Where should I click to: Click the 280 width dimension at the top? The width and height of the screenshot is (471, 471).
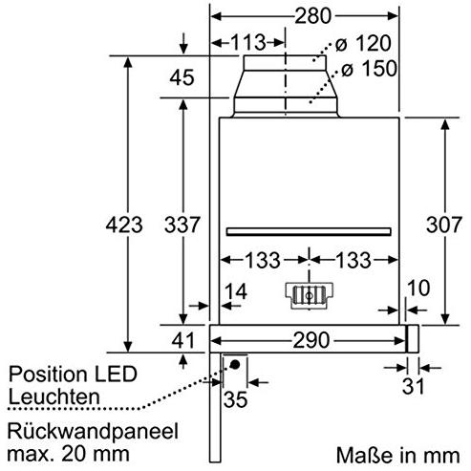point(312,16)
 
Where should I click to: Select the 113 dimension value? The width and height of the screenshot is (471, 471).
point(248,42)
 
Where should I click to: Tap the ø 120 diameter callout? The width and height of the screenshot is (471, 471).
point(363,43)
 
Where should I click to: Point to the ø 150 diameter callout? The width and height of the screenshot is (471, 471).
point(370,69)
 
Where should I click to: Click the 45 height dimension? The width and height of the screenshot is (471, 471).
point(182,77)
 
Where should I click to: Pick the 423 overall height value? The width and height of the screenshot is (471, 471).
point(124,225)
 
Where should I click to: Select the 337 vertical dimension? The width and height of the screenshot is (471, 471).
point(182,225)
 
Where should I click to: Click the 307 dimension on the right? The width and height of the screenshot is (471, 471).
point(444,225)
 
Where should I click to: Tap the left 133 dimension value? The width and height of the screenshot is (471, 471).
point(263,260)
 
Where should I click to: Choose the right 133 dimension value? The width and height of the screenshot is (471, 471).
point(353,260)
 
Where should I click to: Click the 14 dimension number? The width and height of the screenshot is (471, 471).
point(236,291)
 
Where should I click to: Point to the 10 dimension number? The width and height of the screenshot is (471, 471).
point(418,288)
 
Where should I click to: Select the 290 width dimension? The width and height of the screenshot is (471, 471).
point(311,340)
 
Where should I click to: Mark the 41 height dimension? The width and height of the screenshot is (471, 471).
point(182,340)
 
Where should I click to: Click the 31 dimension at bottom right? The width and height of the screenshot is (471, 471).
point(414,386)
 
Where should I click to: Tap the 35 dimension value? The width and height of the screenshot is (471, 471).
point(236,399)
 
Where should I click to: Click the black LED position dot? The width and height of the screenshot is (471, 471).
point(235,364)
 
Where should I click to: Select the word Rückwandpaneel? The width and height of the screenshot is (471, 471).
point(93,431)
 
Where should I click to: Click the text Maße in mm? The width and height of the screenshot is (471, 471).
point(398,455)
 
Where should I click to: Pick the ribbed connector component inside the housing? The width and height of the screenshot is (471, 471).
point(309,295)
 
